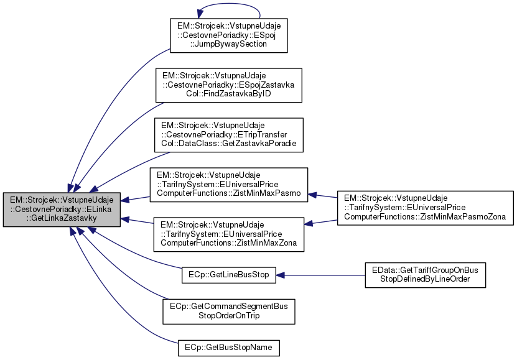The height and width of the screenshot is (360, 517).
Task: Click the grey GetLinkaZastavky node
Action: [x=62, y=209]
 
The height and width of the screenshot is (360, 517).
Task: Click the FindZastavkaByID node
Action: [x=228, y=85]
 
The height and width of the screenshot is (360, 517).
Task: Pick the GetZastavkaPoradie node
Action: [x=228, y=135]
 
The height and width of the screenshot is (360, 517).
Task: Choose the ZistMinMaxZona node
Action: [x=228, y=234]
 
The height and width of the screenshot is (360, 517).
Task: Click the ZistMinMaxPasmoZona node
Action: [x=426, y=208]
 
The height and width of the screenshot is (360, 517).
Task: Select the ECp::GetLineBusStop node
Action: [x=228, y=274]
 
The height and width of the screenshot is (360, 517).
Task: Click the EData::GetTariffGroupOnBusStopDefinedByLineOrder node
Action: [x=425, y=274]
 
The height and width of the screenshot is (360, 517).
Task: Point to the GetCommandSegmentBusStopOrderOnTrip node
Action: [x=228, y=311]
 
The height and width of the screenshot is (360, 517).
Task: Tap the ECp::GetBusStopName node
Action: [x=228, y=346]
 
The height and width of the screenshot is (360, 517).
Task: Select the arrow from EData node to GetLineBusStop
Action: [x=320, y=274]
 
